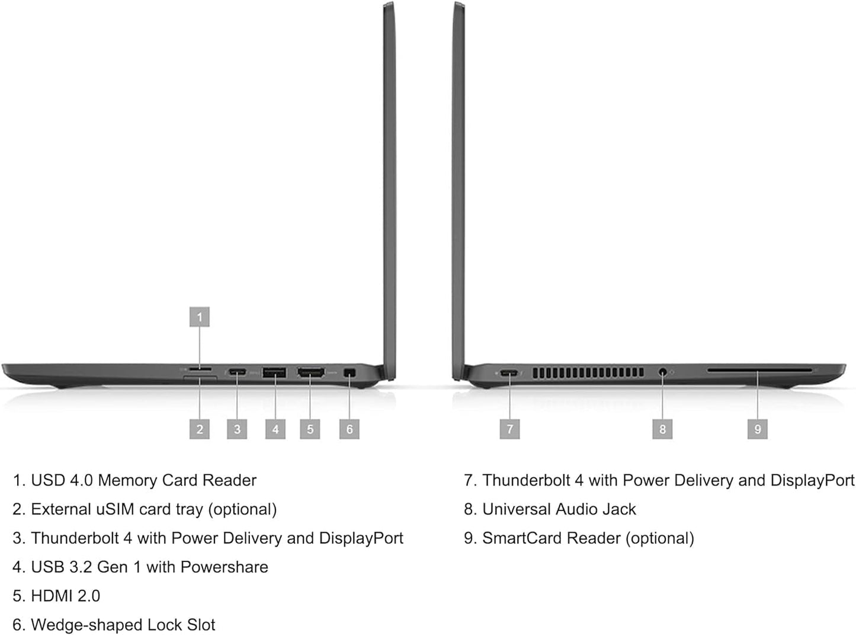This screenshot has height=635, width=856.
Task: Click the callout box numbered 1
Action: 200,317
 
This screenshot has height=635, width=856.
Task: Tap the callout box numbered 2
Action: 200,429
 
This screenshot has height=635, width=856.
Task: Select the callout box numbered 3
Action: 237,429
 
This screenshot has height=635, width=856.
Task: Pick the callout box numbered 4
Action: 275,429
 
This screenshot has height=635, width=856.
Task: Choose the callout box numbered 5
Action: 310,429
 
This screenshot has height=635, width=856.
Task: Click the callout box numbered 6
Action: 350,429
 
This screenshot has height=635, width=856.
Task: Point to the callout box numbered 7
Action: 510,429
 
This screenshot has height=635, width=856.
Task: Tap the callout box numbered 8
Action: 662,429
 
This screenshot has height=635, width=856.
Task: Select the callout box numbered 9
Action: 757,429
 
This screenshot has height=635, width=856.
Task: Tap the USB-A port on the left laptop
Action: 274,372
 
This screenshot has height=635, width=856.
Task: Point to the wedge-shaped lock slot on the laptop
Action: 349,372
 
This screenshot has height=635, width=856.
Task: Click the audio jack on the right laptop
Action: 662,372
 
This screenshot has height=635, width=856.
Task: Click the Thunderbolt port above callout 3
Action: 238,372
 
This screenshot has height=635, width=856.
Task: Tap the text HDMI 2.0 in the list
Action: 65,596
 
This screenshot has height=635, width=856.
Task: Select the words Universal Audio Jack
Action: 559,509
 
